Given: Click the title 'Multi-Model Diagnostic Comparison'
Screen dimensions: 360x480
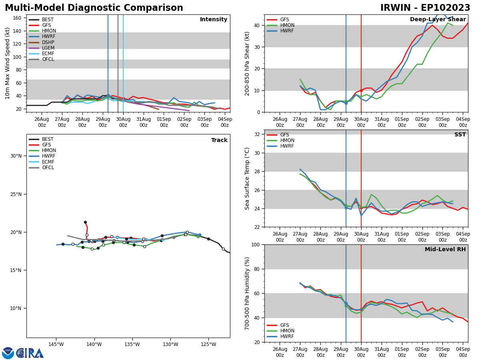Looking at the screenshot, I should (94, 8).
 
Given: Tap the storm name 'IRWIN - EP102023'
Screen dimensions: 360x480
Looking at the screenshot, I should (425, 8).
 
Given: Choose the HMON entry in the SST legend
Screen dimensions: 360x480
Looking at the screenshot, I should (287, 140).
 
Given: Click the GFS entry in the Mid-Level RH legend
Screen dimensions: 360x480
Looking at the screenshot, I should (285, 325).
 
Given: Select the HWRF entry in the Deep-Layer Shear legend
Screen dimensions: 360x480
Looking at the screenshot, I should (287, 31).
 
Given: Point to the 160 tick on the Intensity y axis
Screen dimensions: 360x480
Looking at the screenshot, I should (17, 18).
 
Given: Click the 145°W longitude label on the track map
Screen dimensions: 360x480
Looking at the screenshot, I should (56, 345).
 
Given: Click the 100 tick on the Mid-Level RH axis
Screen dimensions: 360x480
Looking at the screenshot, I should (255, 244).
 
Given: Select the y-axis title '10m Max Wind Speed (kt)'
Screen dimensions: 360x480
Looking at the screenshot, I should (8, 63).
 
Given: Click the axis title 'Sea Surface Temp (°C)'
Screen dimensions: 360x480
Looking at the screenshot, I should (248, 178).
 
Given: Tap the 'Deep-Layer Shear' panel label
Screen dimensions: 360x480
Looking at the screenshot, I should (438, 20).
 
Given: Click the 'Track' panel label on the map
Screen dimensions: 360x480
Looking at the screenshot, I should (219, 140).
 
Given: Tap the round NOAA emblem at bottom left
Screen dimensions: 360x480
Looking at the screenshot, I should (8, 353).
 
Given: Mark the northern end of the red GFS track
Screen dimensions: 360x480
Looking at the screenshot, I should (85, 222).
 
